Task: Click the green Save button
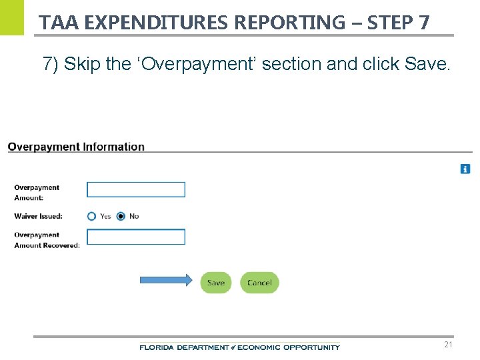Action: pos(216,283)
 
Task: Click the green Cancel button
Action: pos(259,283)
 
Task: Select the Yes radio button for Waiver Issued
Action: pos(92,216)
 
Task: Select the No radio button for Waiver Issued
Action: pos(121,216)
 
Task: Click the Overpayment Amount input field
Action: pos(136,189)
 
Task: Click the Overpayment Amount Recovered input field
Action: pos(136,237)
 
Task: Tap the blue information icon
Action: pos(465,169)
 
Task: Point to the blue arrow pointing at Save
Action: pos(165,281)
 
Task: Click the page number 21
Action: pos(448,345)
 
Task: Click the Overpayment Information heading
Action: pos(76,147)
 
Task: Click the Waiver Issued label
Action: pos(38,216)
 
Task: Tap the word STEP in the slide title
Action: pos(391,23)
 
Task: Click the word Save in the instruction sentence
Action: pos(433,64)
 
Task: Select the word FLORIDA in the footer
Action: pos(155,347)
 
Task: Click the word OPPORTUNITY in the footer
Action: pos(311,347)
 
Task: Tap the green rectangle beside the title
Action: pos(12,17)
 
